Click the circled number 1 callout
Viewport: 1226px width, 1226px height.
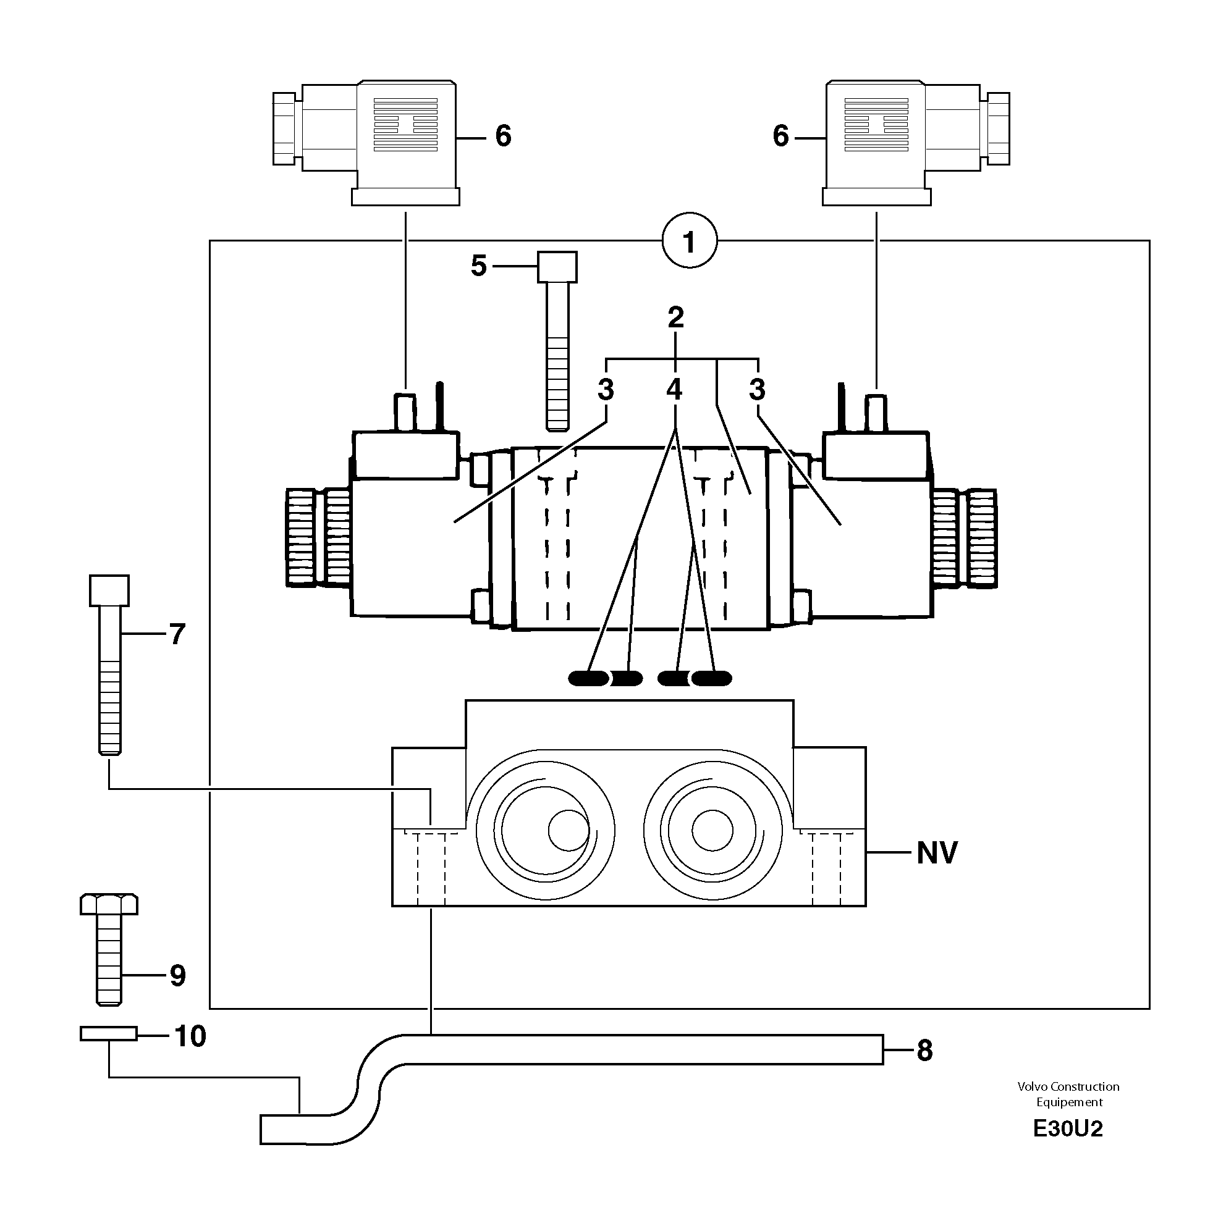pyautogui.click(x=689, y=241)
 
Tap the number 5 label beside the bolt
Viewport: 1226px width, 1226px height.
pyautogui.click(x=478, y=266)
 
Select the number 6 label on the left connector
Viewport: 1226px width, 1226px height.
pyautogui.click(x=503, y=136)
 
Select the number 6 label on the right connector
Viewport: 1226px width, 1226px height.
pyautogui.click(x=780, y=136)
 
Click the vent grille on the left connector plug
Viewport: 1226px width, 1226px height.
pyautogui.click(x=405, y=124)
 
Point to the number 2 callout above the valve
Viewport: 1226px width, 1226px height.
pyautogui.click(x=675, y=317)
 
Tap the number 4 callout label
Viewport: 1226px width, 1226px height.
pyautogui.click(x=674, y=389)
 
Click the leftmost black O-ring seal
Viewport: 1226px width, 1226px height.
pyautogui.click(x=588, y=679)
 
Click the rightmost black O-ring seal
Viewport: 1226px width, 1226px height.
pyautogui.click(x=712, y=679)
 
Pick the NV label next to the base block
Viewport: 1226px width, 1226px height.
pyautogui.click(x=936, y=853)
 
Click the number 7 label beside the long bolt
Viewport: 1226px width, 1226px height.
pyautogui.click(x=177, y=634)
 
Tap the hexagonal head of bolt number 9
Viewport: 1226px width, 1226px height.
pyautogui.click(x=109, y=904)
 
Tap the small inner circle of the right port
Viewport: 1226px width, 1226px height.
pyautogui.click(x=712, y=831)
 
